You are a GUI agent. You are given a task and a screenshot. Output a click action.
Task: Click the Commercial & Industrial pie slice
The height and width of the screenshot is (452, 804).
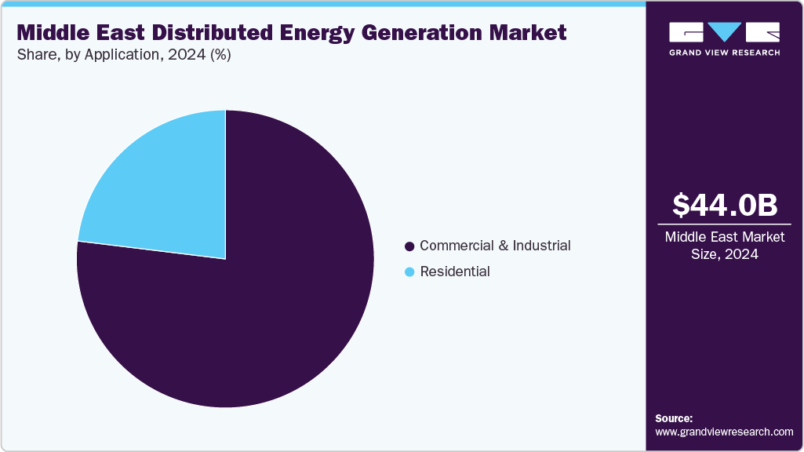(251, 314)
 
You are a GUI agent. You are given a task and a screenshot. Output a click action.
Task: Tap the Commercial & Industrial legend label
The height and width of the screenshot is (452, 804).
(495, 246)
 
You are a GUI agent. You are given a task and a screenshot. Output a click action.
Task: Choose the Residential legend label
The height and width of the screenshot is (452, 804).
(455, 272)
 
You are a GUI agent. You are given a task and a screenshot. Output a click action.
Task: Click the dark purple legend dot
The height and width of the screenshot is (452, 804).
(409, 246)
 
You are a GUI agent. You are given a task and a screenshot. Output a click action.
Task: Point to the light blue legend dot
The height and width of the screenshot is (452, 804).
(409, 272)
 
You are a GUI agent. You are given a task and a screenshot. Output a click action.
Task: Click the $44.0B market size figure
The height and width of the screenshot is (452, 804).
(725, 206)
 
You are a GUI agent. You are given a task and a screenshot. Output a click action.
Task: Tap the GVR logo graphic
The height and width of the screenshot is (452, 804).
(724, 32)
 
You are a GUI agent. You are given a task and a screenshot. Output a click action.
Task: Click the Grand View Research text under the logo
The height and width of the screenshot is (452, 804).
(724, 53)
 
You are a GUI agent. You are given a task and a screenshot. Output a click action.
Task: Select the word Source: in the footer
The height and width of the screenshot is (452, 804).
(674, 418)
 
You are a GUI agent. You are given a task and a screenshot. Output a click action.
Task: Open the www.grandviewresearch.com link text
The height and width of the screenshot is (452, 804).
(724, 432)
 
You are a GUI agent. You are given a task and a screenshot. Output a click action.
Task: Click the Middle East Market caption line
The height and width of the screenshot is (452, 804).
(724, 237)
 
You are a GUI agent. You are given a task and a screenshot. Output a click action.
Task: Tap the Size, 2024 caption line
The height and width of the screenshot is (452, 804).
(724, 254)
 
